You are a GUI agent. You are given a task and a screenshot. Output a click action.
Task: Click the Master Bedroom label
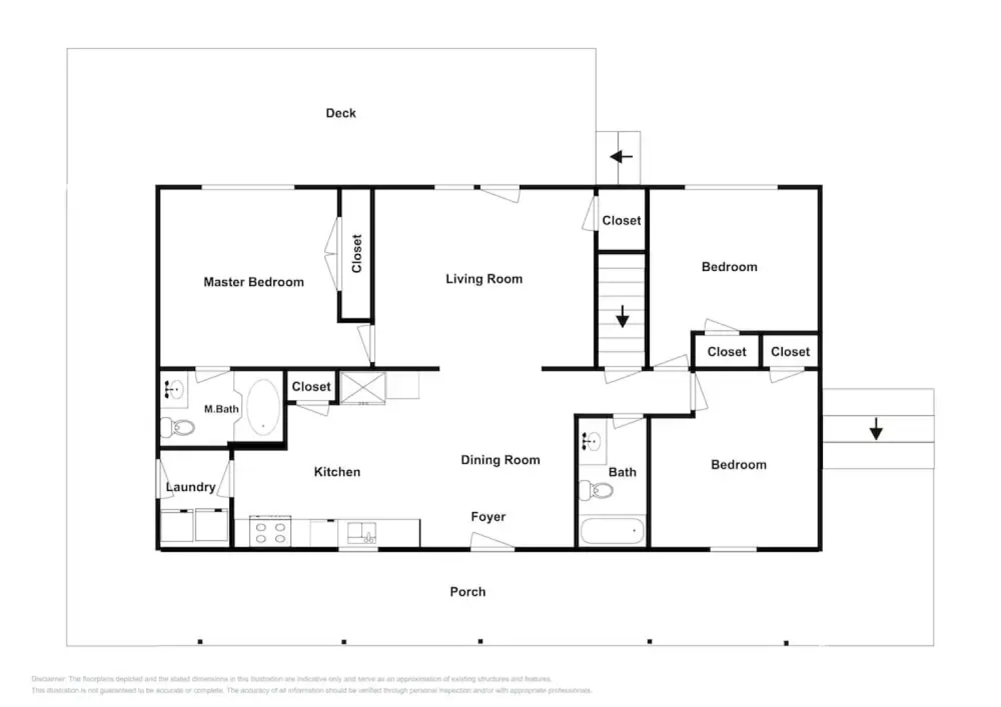(x=254, y=282)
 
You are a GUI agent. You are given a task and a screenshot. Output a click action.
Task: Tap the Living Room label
(x=484, y=279)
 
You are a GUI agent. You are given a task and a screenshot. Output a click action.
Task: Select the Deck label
(x=341, y=113)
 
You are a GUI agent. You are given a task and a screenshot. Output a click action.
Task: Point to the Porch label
(x=468, y=592)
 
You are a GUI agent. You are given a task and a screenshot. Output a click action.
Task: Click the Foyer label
(x=488, y=517)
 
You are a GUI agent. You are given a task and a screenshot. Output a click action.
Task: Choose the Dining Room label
(x=500, y=460)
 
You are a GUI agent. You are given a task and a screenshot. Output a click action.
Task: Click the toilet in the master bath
(x=179, y=428)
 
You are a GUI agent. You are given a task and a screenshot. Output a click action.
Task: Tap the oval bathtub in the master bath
(x=263, y=407)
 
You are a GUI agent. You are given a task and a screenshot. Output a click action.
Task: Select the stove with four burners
(x=271, y=532)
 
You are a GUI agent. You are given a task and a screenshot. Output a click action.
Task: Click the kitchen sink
(x=361, y=533)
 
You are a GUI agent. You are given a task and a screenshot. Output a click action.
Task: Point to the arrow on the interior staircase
(x=622, y=317)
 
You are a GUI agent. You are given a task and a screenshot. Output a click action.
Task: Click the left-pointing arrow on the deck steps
(x=620, y=157)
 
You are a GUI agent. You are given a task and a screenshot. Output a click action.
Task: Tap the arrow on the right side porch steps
(x=876, y=429)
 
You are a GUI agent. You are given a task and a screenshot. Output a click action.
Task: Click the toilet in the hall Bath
(x=597, y=490)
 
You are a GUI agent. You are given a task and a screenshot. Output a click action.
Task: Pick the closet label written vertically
(x=357, y=253)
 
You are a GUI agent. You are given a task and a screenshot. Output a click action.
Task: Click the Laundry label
(x=191, y=487)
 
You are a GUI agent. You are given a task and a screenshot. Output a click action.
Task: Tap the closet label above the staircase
(x=621, y=221)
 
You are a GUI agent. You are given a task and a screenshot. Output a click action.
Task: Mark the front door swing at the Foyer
(x=491, y=541)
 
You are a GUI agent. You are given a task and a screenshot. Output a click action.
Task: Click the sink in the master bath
(x=174, y=390)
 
